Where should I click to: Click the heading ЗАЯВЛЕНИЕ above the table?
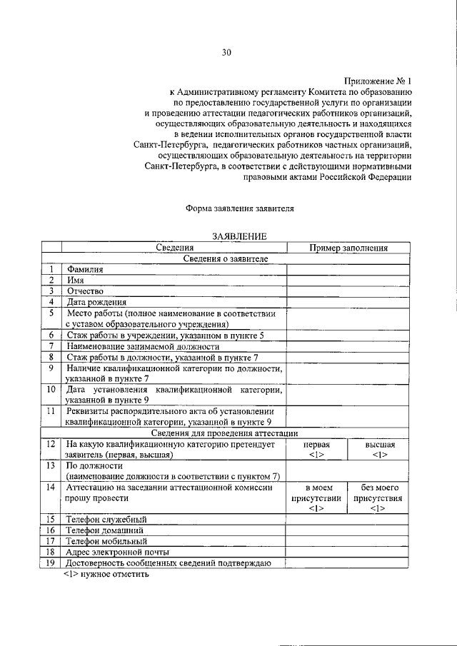(239, 236)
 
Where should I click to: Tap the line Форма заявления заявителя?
(239, 208)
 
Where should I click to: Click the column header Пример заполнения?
(348, 248)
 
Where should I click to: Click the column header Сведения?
(174, 248)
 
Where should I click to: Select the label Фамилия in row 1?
(85, 270)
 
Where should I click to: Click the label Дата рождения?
(96, 302)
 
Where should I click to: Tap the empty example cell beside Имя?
(348, 281)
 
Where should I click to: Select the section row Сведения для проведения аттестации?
(225, 433)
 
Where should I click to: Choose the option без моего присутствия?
(379, 498)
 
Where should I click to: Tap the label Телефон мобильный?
(105, 541)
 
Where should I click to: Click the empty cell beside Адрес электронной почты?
(348, 552)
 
